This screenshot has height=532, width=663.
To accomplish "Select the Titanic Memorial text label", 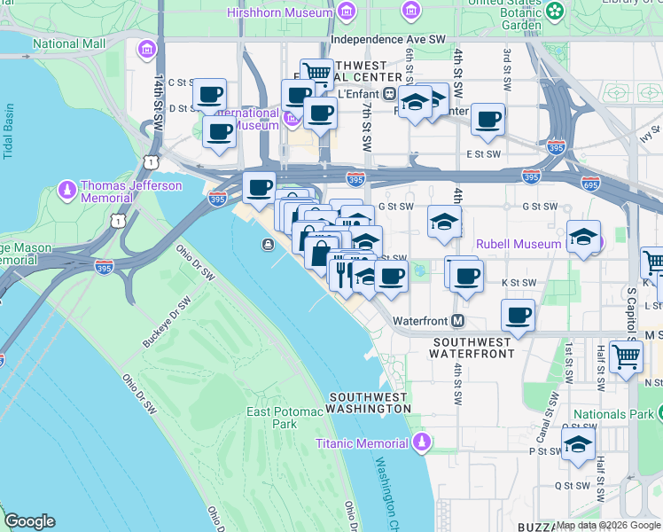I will tap(364, 442).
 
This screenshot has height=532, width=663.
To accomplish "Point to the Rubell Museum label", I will tap(519, 243).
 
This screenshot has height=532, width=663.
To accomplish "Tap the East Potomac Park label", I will tap(271, 418).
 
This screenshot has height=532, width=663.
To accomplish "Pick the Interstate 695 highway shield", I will tap(589, 184).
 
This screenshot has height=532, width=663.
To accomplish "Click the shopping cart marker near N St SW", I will tap(627, 356).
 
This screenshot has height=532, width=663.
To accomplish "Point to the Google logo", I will tap(29, 521).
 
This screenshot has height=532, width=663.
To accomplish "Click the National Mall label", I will tap(68, 43).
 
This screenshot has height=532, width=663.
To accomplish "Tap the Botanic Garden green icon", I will tap(555, 12).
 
